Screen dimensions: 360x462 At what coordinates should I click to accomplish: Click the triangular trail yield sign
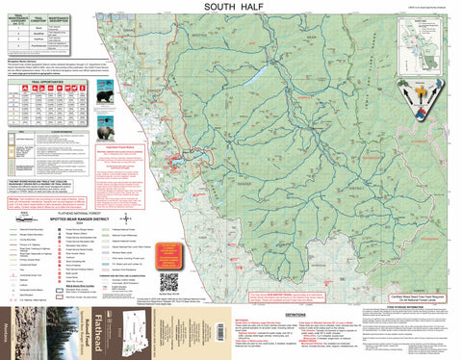coord(420,117)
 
